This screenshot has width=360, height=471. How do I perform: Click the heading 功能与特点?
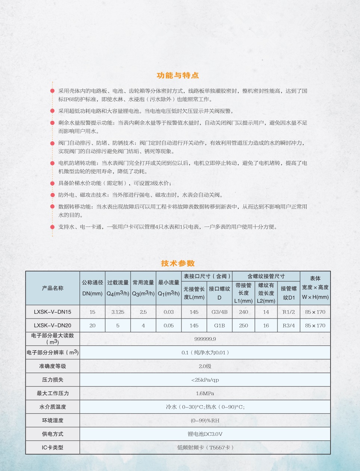[178, 76]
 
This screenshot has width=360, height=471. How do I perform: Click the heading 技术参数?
[178, 263]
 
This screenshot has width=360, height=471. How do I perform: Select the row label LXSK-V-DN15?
[53, 312]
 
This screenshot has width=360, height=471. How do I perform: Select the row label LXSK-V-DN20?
[53, 325]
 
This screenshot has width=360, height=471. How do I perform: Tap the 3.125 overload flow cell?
[118, 312]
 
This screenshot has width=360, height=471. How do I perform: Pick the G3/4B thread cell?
[219, 312]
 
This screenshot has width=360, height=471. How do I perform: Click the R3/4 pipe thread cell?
[289, 325]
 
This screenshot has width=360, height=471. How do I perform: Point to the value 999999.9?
[205, 339]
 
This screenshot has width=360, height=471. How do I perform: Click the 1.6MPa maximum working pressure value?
[205, 393]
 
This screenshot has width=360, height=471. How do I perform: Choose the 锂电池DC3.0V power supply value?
[205, 434]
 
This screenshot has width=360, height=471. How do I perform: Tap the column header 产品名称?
[53, 288]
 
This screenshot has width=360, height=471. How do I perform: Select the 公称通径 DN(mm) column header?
[92, 288]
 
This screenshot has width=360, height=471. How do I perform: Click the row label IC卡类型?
[53, 447]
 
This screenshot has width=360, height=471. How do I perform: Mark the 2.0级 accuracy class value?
[205, 366]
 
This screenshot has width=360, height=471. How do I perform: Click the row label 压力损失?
[53, 380]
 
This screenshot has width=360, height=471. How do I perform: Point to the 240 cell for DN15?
[243, 312]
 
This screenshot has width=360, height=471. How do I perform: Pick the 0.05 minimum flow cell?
[168, 325]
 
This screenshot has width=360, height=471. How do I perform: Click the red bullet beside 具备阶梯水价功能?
[53, 183]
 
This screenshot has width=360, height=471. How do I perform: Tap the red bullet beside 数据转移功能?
[53, 207]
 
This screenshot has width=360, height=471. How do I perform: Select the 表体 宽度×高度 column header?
[315, 288]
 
